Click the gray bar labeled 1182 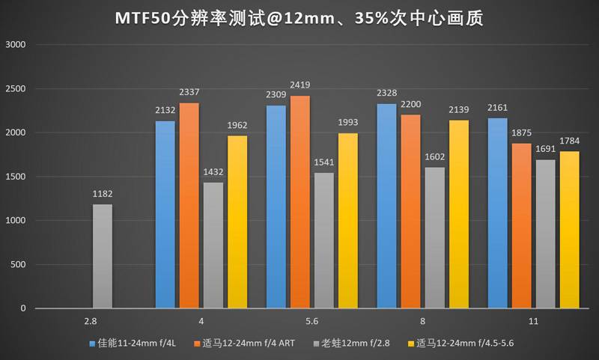102,256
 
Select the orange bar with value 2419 299,202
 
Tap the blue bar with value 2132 165,215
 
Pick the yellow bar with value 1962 237,222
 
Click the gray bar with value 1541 323,240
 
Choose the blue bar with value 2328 386,206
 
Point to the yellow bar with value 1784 569,230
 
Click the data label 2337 189,92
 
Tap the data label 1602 434,156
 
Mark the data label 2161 498,108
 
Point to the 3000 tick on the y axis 16,45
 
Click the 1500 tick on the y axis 16,177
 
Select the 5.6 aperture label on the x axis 312,321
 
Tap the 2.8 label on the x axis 90,321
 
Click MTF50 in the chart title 147,17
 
